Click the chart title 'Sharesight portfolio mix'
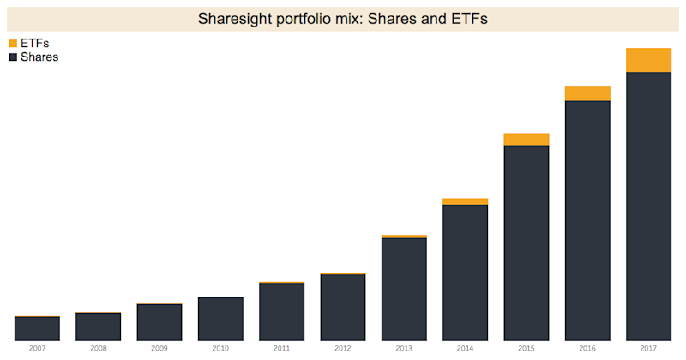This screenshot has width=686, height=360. [x=343, y=18]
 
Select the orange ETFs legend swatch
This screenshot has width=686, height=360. [x=13, y=43]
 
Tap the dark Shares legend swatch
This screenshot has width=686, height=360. [x=13, y=57]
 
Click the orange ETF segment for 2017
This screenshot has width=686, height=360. [x=648, y=60]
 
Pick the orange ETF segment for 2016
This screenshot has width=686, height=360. [x=587, y=93]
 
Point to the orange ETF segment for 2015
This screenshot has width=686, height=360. [x=527, y=139]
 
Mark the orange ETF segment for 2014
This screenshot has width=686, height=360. [x=466, y=201]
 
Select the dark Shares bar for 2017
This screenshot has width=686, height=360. [x=648, y=206]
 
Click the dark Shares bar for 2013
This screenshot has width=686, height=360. [x=404, y=289]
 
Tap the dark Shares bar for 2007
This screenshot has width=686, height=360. [x=37, y=328]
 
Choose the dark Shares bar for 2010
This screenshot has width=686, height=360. [x=220, y=319]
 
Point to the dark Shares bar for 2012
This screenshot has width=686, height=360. [x=343, y=307]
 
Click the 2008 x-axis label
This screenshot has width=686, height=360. [x=98, y=349]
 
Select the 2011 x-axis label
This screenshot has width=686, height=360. [x=281, y=349]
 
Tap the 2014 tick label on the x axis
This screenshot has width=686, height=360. [x=466, y=349]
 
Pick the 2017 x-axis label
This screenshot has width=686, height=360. [x=648, y=349]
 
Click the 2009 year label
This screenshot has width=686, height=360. [x=159, y=349]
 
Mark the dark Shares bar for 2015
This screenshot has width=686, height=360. [x=527, y=243]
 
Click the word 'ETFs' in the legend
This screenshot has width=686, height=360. [x=35, y=43]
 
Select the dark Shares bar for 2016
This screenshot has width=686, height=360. [x=587, y=220]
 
